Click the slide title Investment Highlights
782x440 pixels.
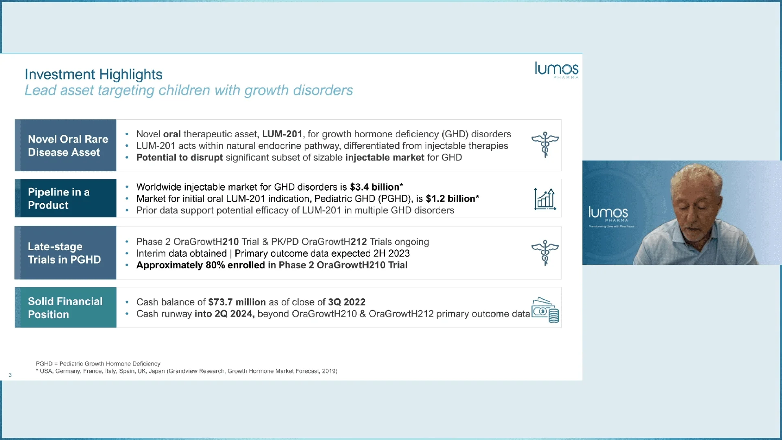coord(93,74)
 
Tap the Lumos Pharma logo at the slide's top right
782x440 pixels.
coord(556,70)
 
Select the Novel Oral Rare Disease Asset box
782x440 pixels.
coord(66,145)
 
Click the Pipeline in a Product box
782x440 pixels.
coord(66,198)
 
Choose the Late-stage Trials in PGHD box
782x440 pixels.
coord(66,253)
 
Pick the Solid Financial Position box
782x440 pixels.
coord(66,308)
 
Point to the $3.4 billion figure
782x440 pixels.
coord(374,187)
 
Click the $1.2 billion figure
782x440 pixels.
coord(450,199)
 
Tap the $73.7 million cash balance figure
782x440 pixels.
coord(237,302)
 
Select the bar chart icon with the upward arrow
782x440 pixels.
coord(545,199)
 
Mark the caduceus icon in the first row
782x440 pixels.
coord(545,145)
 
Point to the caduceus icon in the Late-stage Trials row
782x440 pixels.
coord(545,253)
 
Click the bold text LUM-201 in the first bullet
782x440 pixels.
coord(282,134)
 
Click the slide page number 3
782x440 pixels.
coord(10,375)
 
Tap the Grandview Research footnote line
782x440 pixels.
coord(187,371)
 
